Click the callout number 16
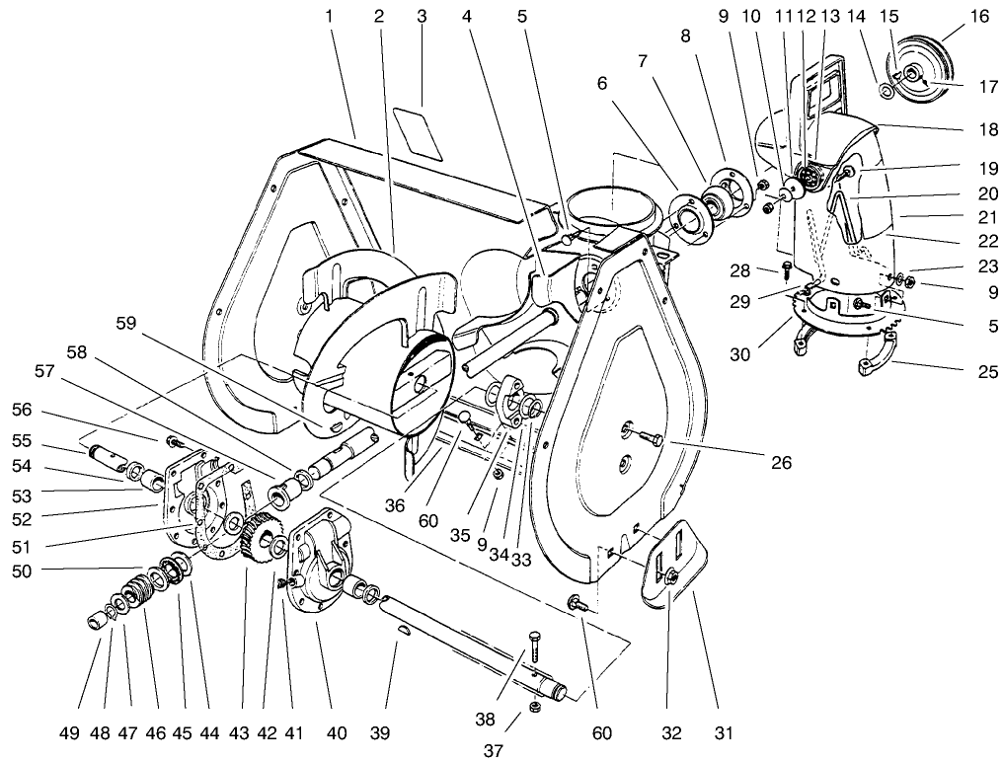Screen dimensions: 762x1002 click(979, 16)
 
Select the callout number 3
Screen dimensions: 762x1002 click(422, 16)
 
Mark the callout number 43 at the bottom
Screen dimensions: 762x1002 click(240, 733)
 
